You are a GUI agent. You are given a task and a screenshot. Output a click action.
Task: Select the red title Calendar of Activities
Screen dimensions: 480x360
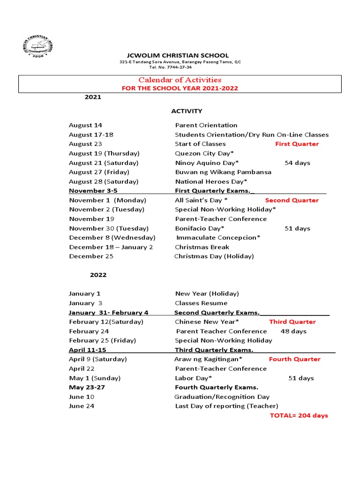click(x=179, y=80)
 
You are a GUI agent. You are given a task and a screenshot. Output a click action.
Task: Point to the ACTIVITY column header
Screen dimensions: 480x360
click(x=186, y=111)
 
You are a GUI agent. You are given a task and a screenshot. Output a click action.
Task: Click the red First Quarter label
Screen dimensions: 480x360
click(x=297, y=144)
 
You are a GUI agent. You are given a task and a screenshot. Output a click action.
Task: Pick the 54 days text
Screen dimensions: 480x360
click(x=297, y=163)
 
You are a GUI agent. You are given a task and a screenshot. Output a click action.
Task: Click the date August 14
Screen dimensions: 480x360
click(x=85, y=125)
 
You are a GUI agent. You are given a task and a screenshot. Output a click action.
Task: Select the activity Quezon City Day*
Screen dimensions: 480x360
click(x=204, y=153)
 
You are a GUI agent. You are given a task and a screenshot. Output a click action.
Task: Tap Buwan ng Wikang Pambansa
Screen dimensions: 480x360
click(x=223, y=172)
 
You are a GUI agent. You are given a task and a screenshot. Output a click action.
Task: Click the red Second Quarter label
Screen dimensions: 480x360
click(x=292, y=200)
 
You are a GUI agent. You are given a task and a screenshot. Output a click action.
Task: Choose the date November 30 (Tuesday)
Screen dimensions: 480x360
click(x=109, y=228)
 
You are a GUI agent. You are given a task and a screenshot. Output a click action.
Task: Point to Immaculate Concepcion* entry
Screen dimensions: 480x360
click(x=218, y=238)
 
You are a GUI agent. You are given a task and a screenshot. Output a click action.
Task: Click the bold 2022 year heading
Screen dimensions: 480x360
click(x=98, y=275)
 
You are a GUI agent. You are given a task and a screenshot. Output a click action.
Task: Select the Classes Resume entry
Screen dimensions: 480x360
click(x=201, y=303)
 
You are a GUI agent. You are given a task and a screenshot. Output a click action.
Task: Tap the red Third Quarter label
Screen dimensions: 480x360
click(x=292, y=322)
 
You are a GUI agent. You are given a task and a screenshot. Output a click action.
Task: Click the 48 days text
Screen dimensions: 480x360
click(x=293, y=331)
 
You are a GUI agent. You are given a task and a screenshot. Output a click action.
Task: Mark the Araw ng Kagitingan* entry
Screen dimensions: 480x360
click(x=208, y=360)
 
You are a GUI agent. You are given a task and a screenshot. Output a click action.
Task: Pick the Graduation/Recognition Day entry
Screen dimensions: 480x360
click(x=222, y=397)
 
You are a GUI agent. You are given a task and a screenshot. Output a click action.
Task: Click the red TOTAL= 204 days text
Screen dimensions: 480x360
click(x=299, y=416)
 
